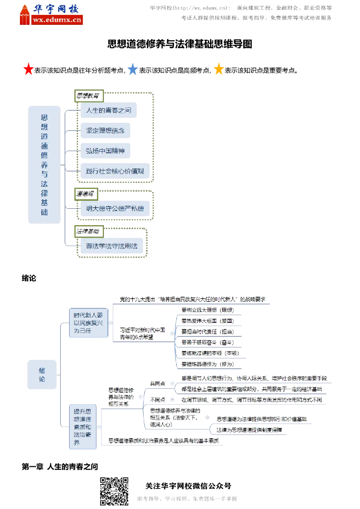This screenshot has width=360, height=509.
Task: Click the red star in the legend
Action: tap(28, 70)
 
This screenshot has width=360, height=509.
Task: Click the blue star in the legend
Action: tap(133, 70)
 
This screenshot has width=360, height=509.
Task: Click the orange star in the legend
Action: tap(219, 70)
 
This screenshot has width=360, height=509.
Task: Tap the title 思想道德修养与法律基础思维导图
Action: tap(180, 44)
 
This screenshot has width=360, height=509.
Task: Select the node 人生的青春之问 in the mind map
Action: tap(108, 110)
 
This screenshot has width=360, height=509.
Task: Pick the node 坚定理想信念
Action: tap(105, 131)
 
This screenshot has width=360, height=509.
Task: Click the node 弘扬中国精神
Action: tap(105, 151)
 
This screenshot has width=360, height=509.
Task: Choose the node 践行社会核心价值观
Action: tap(114, 171)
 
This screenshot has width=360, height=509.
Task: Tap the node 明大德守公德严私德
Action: tap(114, 209)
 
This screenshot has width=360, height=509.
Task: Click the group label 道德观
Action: tap(85, 193)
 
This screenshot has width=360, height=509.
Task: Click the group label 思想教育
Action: tap(88, 94)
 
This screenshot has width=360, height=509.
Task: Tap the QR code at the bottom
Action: tap(114, 491)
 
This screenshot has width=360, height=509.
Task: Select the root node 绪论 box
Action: tap(42, 374)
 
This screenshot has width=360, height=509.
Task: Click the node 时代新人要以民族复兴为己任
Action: tap(89, 323)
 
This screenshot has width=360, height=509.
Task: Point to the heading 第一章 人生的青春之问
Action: tap(60, 467)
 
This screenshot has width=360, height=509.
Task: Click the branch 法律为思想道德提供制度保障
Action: tap(249, 430)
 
